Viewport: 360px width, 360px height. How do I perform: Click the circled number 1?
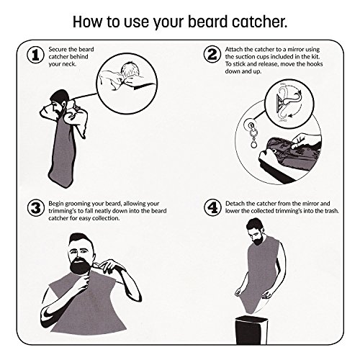35,55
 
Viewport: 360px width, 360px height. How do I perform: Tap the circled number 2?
212,55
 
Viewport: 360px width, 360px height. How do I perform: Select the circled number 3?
36,208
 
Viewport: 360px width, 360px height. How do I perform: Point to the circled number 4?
212,208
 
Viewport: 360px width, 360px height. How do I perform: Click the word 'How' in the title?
88,22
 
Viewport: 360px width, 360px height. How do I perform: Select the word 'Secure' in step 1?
58,50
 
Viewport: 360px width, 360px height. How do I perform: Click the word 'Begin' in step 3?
56,204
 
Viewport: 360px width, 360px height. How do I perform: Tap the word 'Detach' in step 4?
235,204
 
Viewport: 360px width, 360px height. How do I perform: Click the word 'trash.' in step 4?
331,211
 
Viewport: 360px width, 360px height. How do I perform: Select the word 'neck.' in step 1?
69,64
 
